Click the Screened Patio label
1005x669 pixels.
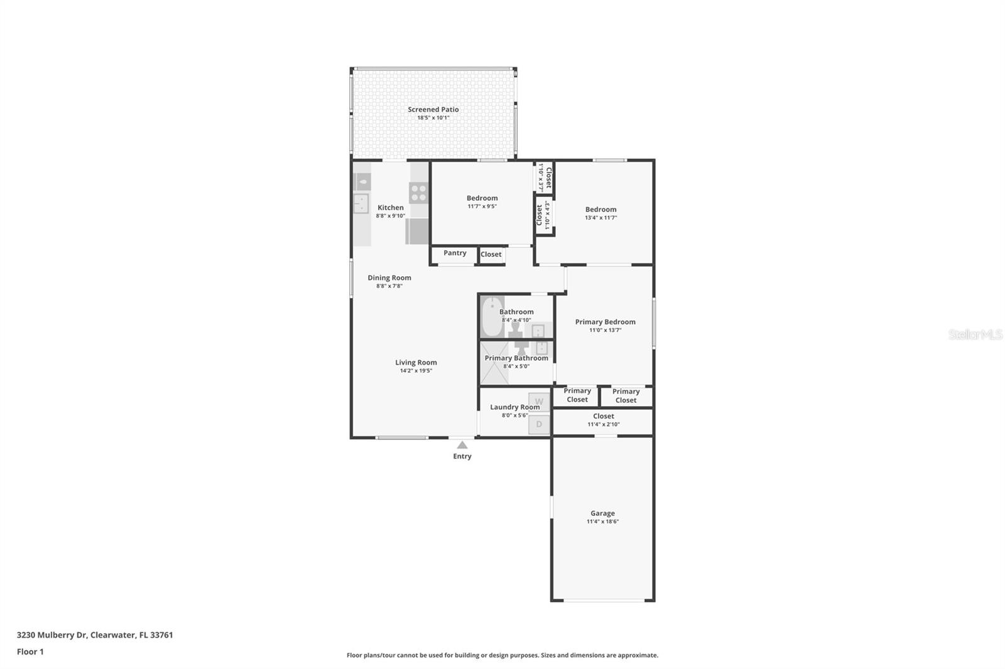point(433,109)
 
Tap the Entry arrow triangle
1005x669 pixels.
point(462,445)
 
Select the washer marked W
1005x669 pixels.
point(539,402)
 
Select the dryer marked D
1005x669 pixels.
point(539,424)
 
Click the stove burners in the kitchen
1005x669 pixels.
point(419,193)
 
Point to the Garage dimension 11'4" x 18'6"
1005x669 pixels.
point(602,522)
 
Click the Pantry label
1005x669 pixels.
point(455,253)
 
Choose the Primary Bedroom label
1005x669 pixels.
point(605,322)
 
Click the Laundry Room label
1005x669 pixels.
point(514,407)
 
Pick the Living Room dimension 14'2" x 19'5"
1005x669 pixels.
point(416,371)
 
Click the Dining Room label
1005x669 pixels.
point(389,277)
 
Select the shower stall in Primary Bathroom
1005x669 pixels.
point(494,363)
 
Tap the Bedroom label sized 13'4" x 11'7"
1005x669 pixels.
point(600,210)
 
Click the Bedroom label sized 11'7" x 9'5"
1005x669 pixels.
point(482,198)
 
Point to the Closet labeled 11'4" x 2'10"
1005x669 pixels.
point(603,416)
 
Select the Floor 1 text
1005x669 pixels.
point(30,651)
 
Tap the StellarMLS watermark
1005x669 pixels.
point(975,334)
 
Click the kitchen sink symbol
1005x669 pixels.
point(361,203)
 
